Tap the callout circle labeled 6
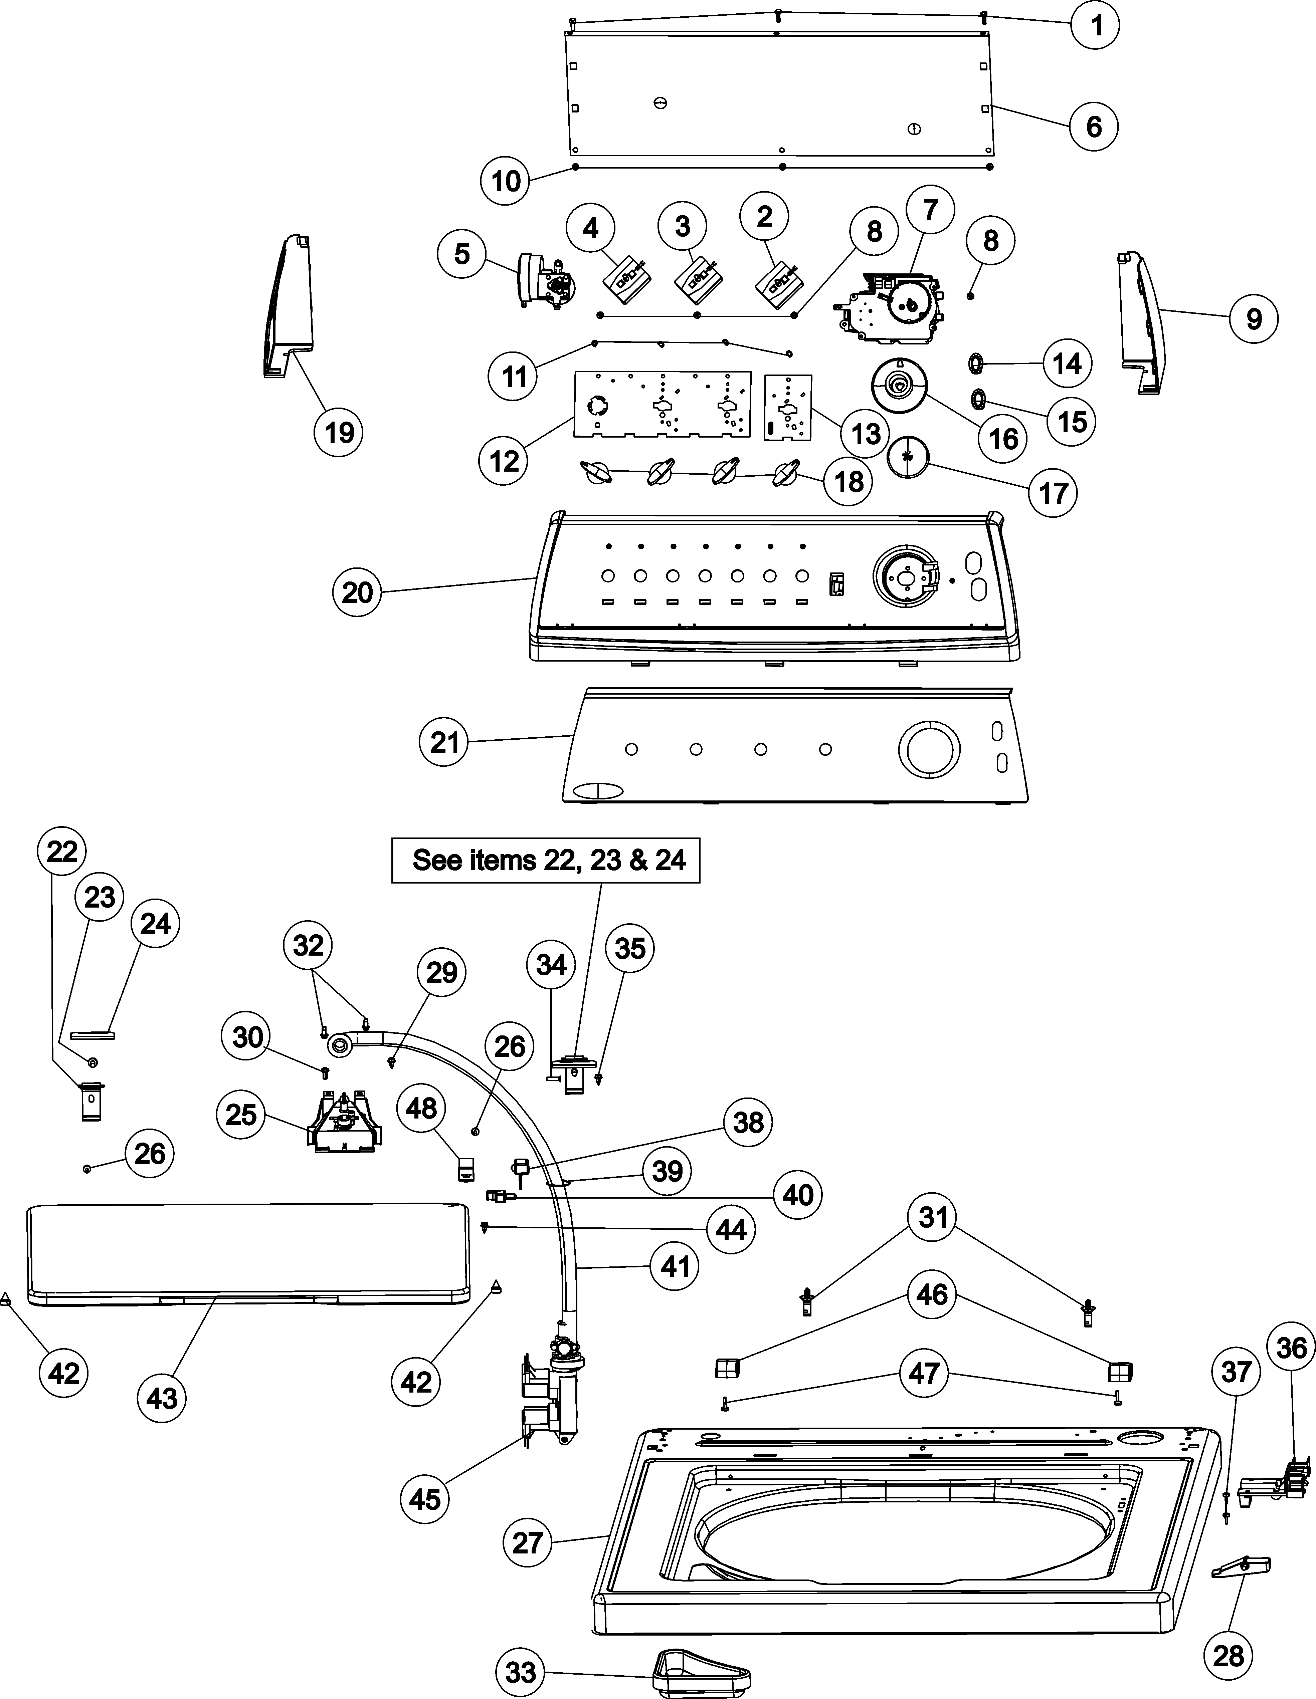tap(1093, 125)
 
